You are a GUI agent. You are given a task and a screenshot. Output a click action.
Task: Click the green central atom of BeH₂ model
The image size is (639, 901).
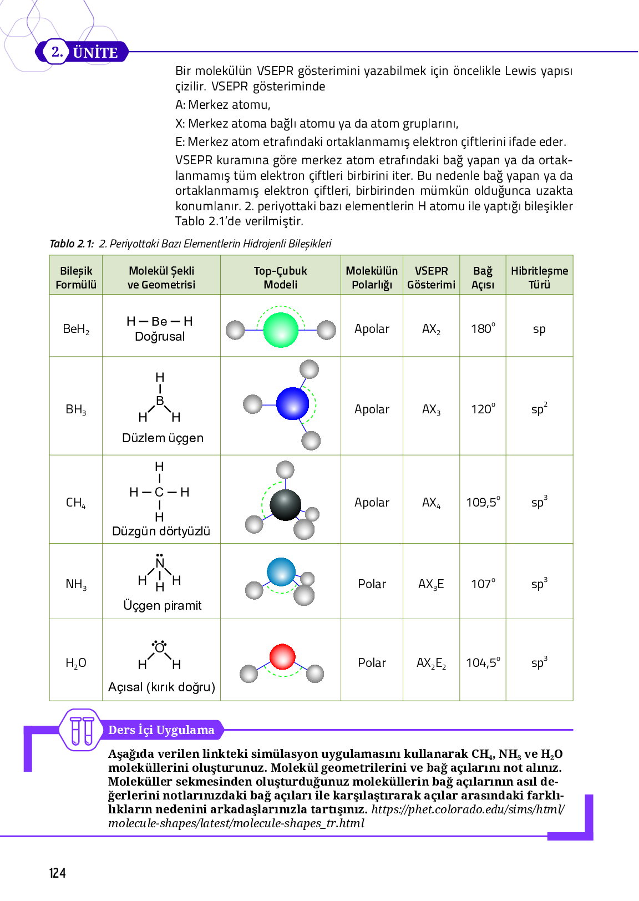pyautogui.click(x=281, y=330)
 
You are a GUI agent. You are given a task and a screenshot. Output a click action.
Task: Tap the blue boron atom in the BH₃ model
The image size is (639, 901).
pyautogui.click(x=292, y=403)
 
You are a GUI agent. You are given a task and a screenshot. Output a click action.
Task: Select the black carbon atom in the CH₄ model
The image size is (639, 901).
pyautogui.click(x=285, y=504)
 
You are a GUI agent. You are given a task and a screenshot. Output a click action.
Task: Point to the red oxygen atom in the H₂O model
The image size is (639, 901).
pyautogui.click(x=282, y=657)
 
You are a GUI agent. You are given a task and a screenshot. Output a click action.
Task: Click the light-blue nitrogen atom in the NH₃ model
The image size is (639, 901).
pyautogui.click(x=281, y=572)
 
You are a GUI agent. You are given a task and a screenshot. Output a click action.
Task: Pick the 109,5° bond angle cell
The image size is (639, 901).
pyautogui.click(x=483, y=502)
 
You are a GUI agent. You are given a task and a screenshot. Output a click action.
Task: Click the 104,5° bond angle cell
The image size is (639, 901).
pyautogui.click(x=483, y=662)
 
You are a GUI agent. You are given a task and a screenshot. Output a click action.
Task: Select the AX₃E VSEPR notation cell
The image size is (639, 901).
pyautogui.click(x=431, y=584)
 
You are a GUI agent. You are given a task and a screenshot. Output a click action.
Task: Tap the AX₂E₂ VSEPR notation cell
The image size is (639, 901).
pyautogui.click(x=431, y=663)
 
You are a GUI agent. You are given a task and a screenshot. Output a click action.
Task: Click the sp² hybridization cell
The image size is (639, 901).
pyautogui.click(x=539, y=409)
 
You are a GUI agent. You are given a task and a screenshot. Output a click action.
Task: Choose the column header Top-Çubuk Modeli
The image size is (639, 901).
pyautogui.click(x=280, y=277)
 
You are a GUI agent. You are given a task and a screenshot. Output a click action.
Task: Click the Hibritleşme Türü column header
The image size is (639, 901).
pyautogui.click(x=539, y=277)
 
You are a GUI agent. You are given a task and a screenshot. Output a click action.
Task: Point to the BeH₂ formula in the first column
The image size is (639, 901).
pyautogui.click(x=76, y=329)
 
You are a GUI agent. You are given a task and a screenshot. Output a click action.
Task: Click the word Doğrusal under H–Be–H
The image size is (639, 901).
pyautogui.click(x=160, y=337)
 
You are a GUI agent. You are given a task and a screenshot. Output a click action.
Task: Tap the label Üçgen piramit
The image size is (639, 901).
pyautogui.click(x=162, y=605)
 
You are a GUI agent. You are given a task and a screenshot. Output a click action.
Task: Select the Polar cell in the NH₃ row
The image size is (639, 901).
pyautogui.click(x=372, y=584)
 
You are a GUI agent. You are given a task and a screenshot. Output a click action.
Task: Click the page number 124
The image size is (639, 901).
pyautogui.click(x=58, y=873)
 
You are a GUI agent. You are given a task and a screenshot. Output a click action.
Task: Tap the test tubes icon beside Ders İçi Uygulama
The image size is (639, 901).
pyautogui.click(x=82, y=730)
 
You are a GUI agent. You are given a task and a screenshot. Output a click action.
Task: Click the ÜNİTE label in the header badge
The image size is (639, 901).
pyautogui.click(x=95, y=53)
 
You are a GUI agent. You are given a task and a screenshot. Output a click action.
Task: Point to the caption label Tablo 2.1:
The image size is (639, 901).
pyautogui.click(x=72, y=244)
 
